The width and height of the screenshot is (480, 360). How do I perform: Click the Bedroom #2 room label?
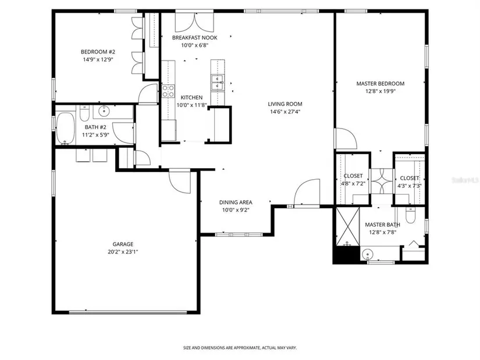click(98, 52)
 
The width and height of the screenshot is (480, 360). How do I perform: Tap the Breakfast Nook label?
click(195, 38)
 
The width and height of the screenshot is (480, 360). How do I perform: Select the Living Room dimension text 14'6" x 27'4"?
click(285, 112)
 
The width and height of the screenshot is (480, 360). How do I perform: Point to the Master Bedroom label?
click(380, 84)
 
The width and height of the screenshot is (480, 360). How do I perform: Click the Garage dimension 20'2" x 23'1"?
click(123, 252)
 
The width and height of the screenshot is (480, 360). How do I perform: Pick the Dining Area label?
click(236, 202)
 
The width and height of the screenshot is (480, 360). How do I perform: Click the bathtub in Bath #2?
click(66, 128)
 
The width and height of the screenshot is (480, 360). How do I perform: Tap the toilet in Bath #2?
click(84, 113)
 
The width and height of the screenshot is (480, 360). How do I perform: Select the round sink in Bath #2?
click(105, 111)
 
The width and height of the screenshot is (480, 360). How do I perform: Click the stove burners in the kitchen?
click(168, 91)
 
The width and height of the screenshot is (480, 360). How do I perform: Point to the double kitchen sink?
click(218, 83)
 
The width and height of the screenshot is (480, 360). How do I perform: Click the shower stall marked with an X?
click(348, 226)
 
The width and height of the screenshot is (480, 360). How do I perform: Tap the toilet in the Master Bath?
click(410, 215)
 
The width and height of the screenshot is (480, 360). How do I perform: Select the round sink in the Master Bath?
click(367, 254)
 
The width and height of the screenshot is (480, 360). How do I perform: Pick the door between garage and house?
click(180, 182)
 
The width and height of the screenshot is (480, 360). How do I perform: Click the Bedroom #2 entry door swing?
click(148, 94)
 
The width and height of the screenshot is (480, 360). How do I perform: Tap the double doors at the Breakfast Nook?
click(194, 22)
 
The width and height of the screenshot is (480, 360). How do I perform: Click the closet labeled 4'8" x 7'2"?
click(353, 180)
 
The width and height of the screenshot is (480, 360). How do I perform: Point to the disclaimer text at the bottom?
click(240, 348)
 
